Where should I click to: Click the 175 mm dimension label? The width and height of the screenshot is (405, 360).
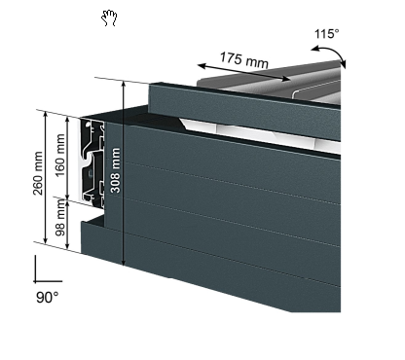click(x=244, y=59)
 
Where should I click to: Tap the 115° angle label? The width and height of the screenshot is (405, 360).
click(x=327, y=34)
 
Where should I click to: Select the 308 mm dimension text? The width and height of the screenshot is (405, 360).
click(x=116, y=170)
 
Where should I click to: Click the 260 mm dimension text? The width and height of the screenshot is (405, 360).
click(x=38, y=173)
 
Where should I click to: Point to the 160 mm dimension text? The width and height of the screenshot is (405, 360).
click(x=60, y=156)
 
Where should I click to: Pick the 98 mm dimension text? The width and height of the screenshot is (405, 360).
click(x=60, y=218)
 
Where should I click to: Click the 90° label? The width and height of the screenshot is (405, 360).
click(x=48, y=297)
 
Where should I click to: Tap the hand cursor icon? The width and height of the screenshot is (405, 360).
click(x=109, y=18)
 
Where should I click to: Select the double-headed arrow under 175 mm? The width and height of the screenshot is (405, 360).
click(x=244, y=72)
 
